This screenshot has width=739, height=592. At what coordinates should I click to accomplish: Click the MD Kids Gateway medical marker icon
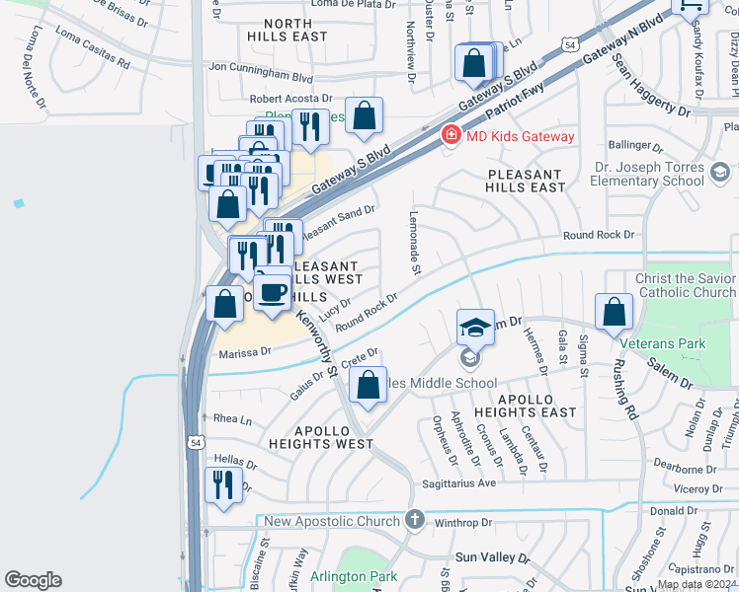click(x=451, y=135)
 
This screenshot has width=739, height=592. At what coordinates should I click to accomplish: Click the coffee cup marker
click(x=273, y=292)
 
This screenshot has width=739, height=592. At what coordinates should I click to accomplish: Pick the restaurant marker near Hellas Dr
click(x=222, y=484)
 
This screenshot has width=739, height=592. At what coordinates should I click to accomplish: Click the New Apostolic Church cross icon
click(x=415, y=520)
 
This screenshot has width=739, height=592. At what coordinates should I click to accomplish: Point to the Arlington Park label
click(x=353, y=576)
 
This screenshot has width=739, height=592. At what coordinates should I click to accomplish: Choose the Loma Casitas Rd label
click(x=92, y=46)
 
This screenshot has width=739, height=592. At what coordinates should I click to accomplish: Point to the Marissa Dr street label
click(x=244, y=352)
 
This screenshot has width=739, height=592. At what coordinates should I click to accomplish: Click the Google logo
click(x=33, y=580)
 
